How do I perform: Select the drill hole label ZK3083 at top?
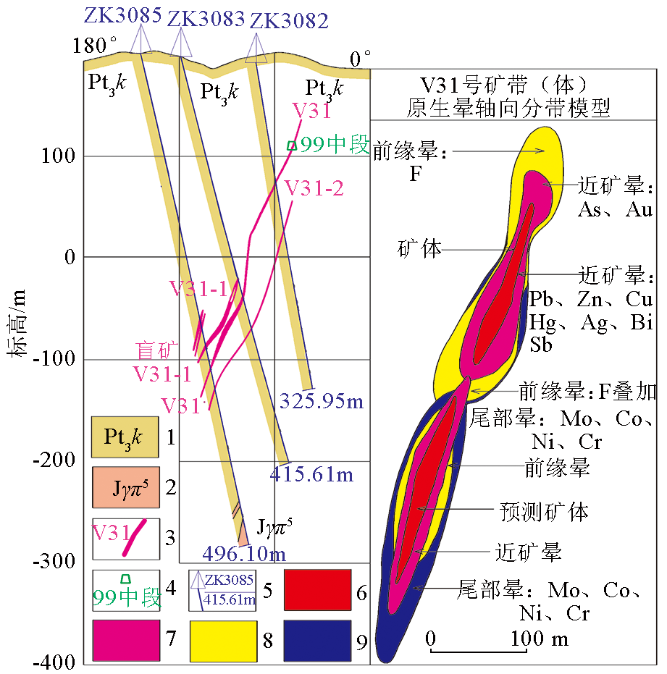click(x=206, y=19)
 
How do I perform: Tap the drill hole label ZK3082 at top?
click(x=289, y=21)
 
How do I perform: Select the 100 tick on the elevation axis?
click(x=59, y=156)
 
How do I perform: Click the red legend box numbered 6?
click(x=316, y=590)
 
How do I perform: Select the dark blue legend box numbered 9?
click(x=316, y=641)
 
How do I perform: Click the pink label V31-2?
click(x=314, y=188)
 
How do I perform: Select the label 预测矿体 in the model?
click(x=544, y=512)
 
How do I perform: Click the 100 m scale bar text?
click(x=539, y=639)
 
